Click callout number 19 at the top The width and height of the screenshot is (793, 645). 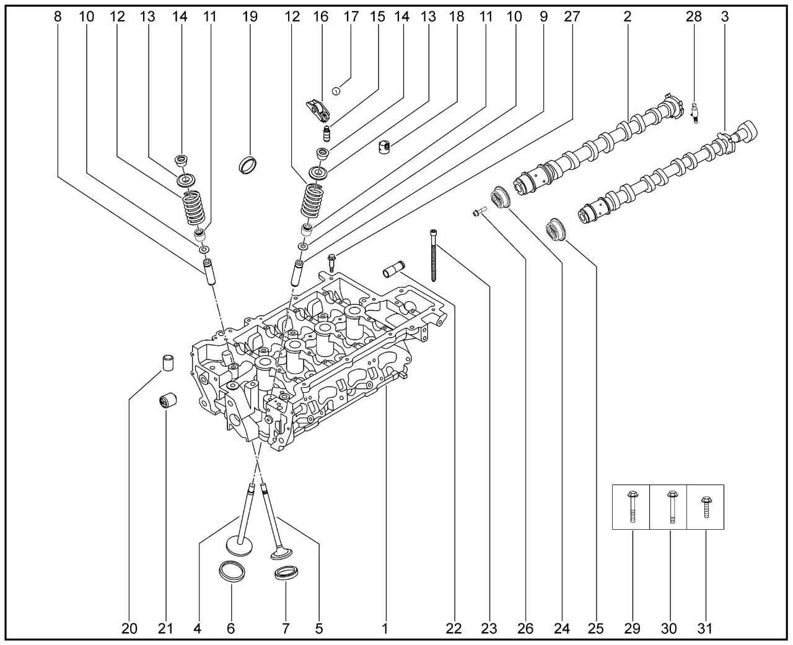[250, 17]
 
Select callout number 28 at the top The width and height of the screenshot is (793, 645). [694, 17]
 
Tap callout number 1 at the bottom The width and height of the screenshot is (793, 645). [385, 629]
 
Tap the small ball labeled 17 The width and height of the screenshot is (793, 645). [336, 91]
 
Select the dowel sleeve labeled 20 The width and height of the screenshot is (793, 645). [167, 362]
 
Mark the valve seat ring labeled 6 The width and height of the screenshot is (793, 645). [232, 571]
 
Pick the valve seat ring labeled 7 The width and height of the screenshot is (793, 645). [284, 572]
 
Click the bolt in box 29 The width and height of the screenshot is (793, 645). [631, 507]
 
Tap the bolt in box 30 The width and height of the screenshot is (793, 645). [670, 507]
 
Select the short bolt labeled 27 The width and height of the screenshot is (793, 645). [331, 261]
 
